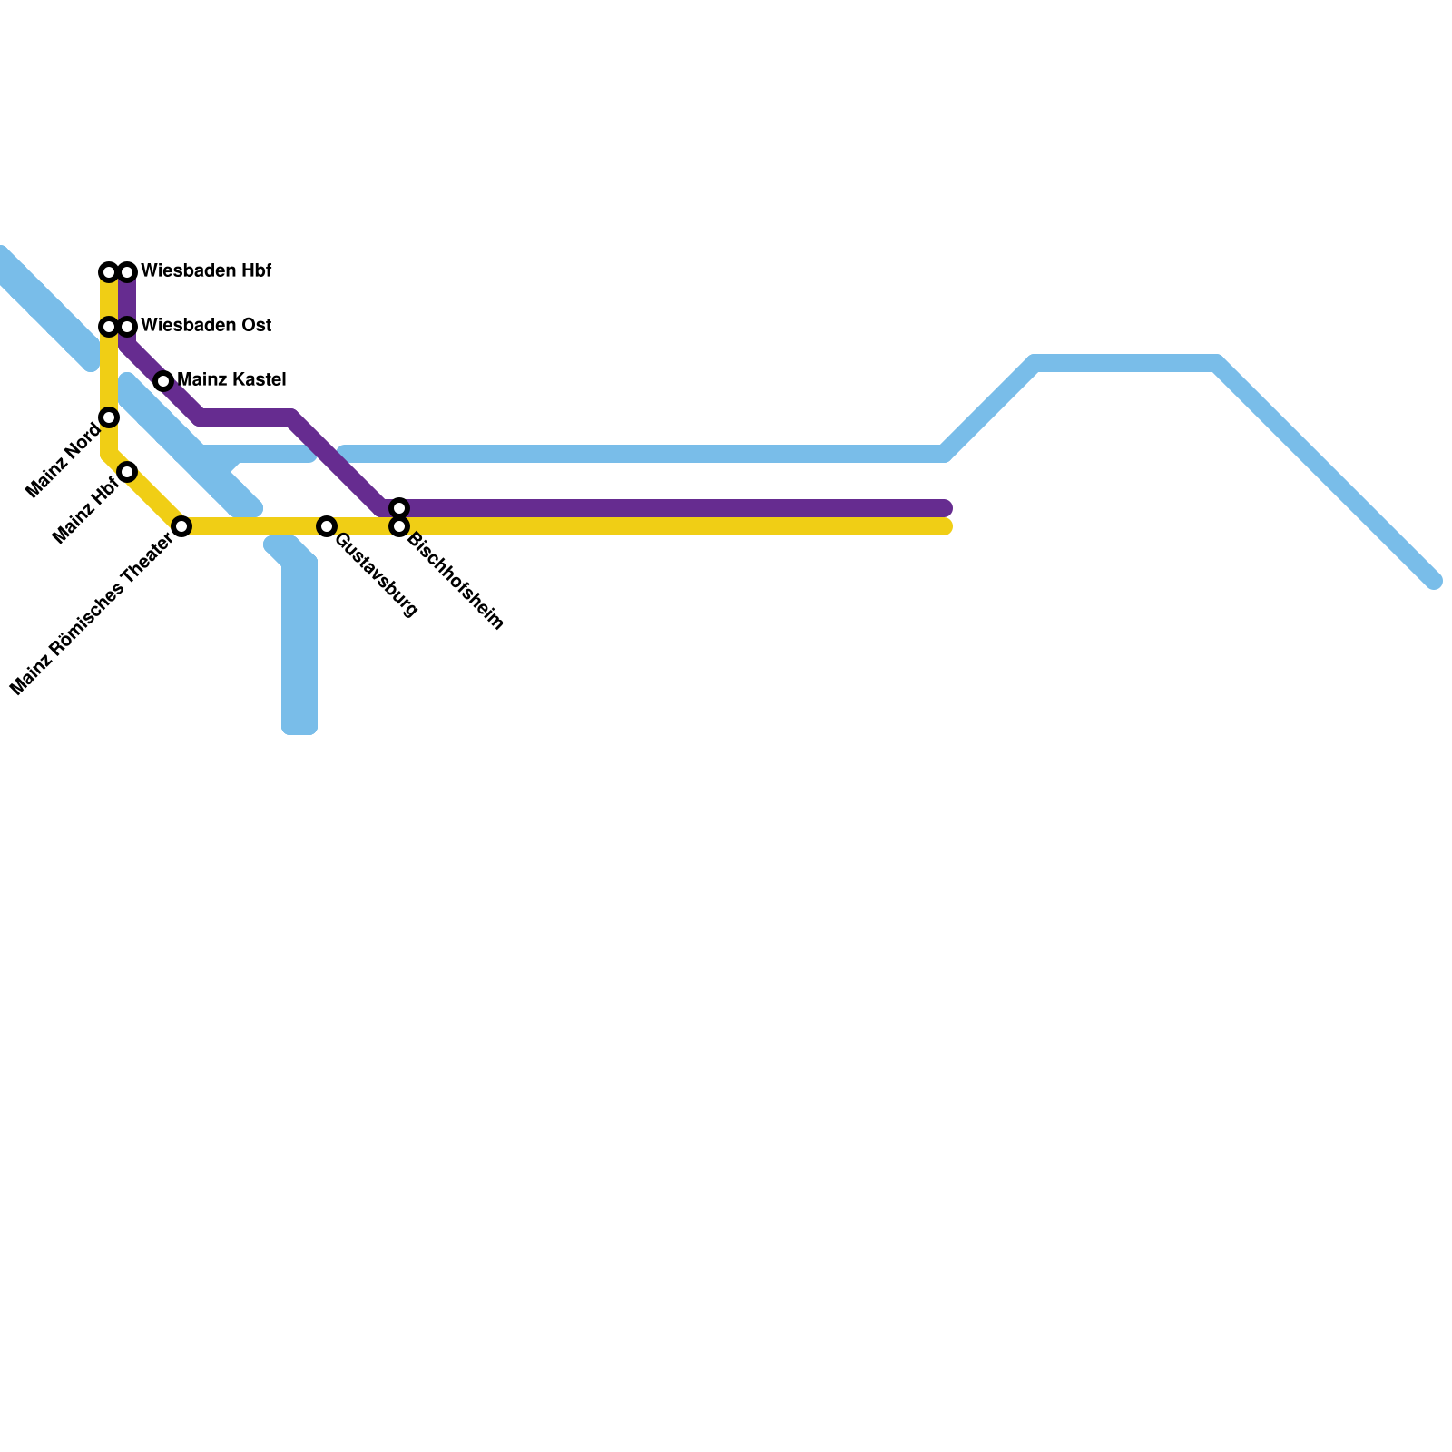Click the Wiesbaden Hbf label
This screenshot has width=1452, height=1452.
point(206,271)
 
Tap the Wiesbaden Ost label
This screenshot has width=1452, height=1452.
point(206,326)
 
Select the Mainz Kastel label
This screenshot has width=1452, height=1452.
point(231,380)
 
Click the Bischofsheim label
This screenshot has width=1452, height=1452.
point(456,581)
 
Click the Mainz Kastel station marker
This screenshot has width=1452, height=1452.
point(163,381)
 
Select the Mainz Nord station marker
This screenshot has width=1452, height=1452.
point(109,417)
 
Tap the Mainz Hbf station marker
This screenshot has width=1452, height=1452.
point(127,472)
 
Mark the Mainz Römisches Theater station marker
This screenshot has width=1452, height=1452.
point(181,526)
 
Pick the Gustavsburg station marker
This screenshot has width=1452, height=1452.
point(327,526)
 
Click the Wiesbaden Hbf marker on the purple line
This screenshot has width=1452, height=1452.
point(127,272)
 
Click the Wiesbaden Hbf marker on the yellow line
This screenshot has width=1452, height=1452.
point(109,272)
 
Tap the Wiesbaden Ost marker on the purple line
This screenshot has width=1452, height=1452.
point(127,327)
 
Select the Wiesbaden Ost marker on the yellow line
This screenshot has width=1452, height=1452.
point(109,327)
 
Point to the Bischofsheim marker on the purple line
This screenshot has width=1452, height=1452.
point(399,508)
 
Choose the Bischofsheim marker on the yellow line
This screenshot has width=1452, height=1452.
point(399,526)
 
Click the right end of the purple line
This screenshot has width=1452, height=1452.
point(945,508)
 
